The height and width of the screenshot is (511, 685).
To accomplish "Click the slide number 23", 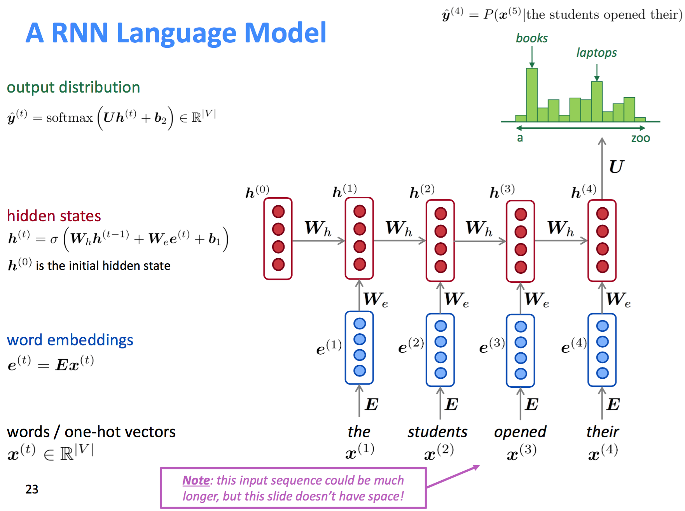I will pyautogui.click(x=32, y=489).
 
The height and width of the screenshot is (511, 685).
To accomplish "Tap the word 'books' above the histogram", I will pyautogui.click(x=531, y=38).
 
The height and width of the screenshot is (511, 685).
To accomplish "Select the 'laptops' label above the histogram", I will pyautogui.click(x=596, y=52).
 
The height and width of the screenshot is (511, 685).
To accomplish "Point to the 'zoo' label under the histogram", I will pyautogui.click(x=640, y=138).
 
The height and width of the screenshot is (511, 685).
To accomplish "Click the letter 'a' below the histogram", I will pyautogui.click(x=520, y=138).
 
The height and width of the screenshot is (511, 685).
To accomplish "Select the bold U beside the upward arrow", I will pyautogui.click(x=616, y=167).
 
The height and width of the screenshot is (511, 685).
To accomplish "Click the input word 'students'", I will pyautogui.click(x=437, y=432).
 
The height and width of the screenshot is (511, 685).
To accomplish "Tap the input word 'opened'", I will pyautogui.click(x=520, y=432).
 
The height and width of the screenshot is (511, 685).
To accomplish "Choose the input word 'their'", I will pyautogui.click(x=602, y=432).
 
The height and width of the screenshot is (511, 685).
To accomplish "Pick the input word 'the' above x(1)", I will pyautogui.click(x=359, y=432).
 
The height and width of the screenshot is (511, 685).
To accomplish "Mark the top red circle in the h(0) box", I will pyautogui.click(x=278, y=212).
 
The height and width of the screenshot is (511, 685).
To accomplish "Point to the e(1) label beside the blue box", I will pyautogui.click(x=329, y=347).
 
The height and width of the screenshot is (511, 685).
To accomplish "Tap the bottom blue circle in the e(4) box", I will pyautogui.click(x=602, y=373).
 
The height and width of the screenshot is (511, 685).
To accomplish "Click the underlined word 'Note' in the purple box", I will pyautogui.click(x=196, y=481).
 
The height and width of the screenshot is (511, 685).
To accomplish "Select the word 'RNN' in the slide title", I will pyautogui.click(x=80, y=33).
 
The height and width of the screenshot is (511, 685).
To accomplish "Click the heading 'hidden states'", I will pyautogui.click(x=54, y=216).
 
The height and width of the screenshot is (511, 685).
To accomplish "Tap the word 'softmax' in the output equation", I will pyautogui.click(x=70, y=117).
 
